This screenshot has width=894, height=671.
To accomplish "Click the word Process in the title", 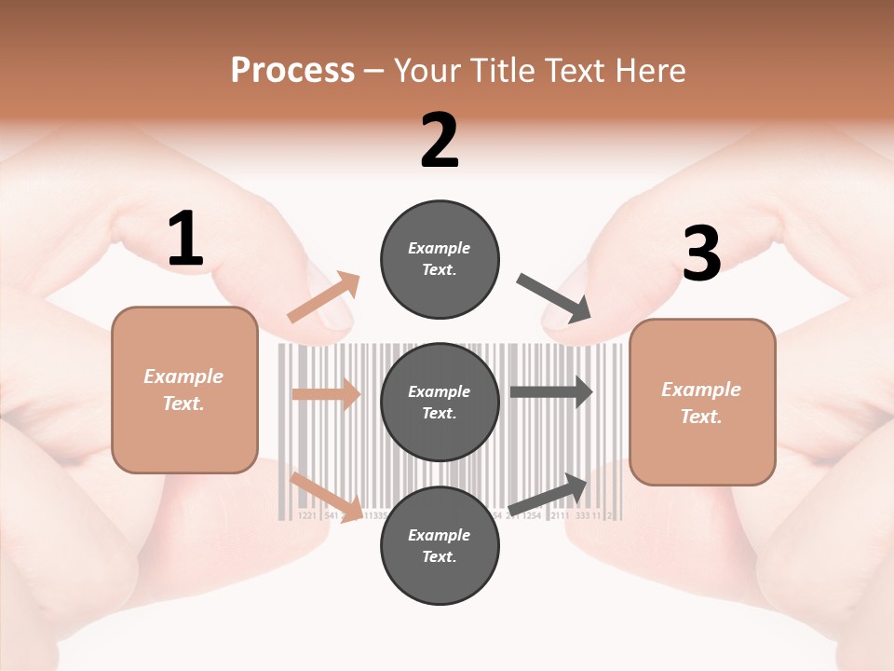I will click(x=292, y=70).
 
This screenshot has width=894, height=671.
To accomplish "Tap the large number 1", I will click(x=184, y=240).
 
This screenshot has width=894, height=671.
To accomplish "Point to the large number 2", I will click(x=440, y=141).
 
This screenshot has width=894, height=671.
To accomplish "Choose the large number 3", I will click(x=701, y=254).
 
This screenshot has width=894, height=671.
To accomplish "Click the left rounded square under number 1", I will click(x=184, y=390).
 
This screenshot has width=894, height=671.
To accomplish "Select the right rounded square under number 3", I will click(x=702, y=403).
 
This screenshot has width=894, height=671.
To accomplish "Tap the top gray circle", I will click(x=440, y=259).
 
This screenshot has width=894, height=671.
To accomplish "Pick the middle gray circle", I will click(x=440, y=402).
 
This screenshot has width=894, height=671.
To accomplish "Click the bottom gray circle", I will click(x=440, y=545).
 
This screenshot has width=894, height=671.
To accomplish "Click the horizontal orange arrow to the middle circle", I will click(x=327, y=394).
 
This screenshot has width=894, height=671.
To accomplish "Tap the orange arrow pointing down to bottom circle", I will click(x=325, y=496).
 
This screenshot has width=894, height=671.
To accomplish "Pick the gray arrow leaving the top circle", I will click(x=554, y=298).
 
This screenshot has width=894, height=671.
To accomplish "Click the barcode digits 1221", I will click(x=306, y=515).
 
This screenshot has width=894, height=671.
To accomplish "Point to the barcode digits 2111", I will click(x=560, y=515).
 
